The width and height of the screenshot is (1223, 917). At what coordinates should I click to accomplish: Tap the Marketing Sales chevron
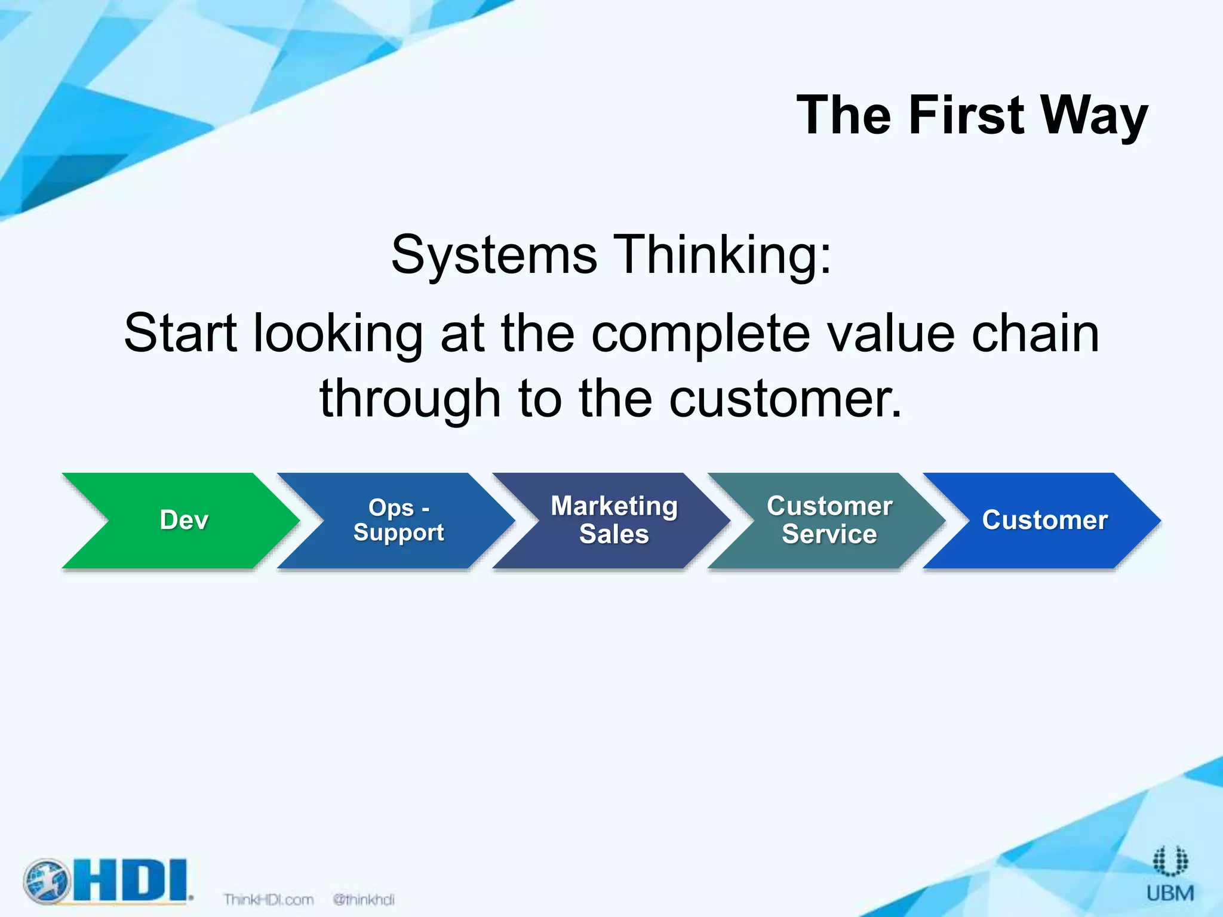(x=614, y=520)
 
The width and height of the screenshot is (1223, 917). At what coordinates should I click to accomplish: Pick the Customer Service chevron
(x=829, y=520)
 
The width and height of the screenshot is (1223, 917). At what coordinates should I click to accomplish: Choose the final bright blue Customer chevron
(x=1044, y=520)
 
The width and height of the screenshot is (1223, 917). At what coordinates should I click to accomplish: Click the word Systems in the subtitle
(x=494, y=256)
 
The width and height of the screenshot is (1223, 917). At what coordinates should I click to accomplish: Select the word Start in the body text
(x=180, y=333)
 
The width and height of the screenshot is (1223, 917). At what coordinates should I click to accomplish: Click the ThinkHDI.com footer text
(x=268, y=899)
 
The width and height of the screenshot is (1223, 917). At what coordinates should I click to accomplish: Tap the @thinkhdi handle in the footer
(x=364, y=899)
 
